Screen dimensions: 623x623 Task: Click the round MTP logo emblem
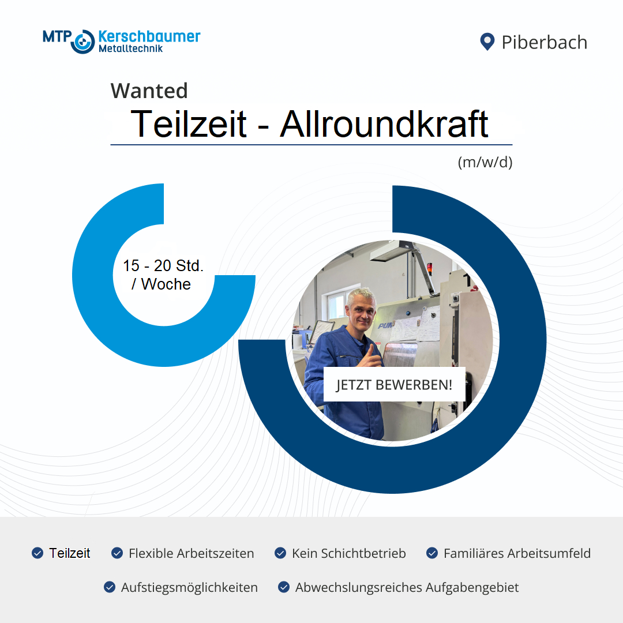click(x=82, y=42)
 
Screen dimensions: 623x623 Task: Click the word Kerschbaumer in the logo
click(x=149, y=36)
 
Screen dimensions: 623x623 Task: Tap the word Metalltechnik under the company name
click(x=131, y=48)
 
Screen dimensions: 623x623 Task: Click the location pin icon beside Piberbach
click(x=487, y=42)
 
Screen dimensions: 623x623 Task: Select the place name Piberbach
click(x=545, y=42)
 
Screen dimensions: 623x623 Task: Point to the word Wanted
click(x=149, y=91)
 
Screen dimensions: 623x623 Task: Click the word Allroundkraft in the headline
click(x=384, y=124)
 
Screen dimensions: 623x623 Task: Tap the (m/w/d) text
click(x=485, y=162)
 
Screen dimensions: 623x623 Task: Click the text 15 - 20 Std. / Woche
click(x=163, y=275)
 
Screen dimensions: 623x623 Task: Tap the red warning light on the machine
click(x=429, y=268)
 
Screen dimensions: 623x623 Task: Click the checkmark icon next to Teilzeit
click(x=37, y=553)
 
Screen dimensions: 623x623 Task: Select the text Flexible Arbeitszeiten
click(x=191, y=553)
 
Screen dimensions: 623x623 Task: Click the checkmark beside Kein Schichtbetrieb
click(x=280, y=553)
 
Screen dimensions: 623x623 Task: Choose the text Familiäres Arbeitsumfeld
click(x=517, y=553)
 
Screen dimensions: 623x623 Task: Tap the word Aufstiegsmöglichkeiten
click(x=189, y=588)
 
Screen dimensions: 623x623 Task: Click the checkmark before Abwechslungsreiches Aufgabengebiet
click(x=284, y=587)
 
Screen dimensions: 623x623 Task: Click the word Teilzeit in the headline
click(x=189, y=124)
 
